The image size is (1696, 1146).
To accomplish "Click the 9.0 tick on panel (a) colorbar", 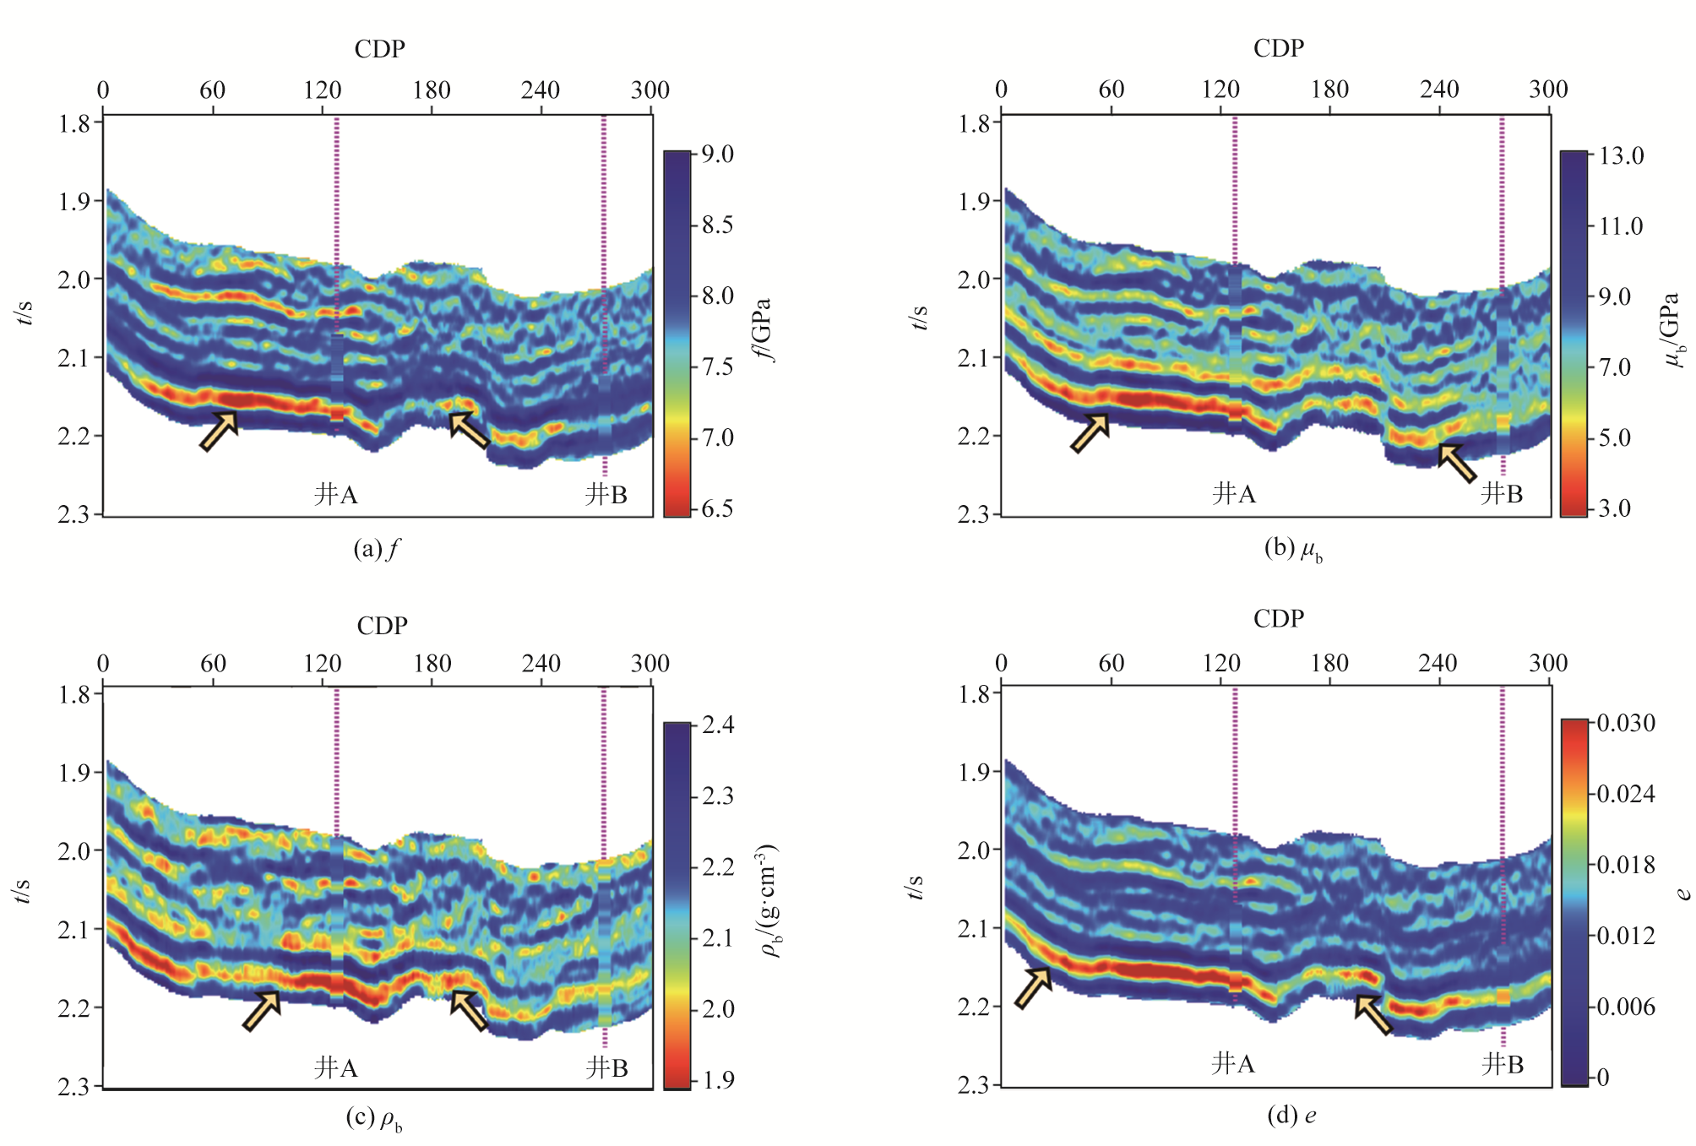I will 717,155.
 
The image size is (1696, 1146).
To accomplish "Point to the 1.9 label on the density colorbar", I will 718,1080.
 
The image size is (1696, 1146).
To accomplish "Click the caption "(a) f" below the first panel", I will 376,550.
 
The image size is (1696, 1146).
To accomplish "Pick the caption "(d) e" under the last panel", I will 1291,1116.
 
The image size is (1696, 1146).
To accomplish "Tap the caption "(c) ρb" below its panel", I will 374,1120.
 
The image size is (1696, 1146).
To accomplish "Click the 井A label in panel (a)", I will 336,494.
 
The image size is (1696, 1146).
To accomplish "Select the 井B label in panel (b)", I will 1502,494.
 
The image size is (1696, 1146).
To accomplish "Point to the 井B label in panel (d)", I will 1503,1064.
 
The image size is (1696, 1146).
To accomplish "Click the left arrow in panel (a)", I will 219,431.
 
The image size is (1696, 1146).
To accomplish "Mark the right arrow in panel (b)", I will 1457,463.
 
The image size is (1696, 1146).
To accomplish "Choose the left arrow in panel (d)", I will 1032,988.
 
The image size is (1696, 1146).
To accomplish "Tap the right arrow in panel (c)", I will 470,1010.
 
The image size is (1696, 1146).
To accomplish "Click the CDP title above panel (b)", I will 1278,48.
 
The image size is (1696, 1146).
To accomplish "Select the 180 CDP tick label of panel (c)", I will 432,664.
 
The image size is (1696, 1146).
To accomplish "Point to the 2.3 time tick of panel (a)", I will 73,514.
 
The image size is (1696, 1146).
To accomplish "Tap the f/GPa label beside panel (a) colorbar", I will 766,329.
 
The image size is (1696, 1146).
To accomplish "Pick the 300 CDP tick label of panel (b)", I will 1547,90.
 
